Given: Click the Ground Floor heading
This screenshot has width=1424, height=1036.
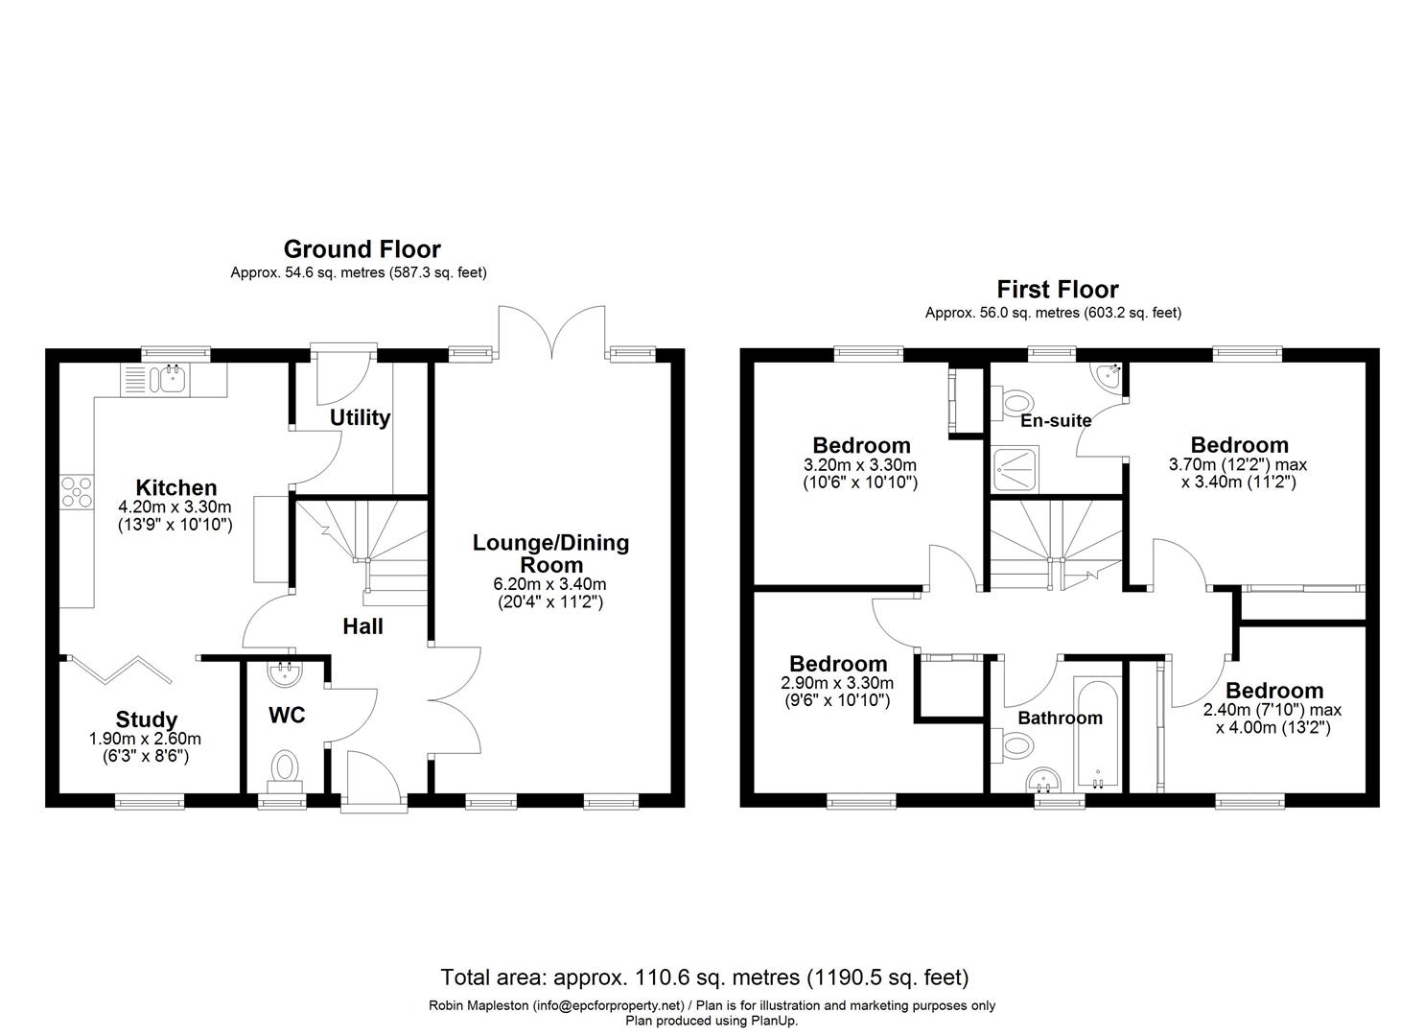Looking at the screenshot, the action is click(362, 248).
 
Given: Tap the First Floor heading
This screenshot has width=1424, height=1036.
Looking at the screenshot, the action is click(1057, 290).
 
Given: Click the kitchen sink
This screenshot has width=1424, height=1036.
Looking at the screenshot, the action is click(173, 381).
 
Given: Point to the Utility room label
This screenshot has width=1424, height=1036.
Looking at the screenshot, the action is click(360, 418).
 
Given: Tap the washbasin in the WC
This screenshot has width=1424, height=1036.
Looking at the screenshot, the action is click(285, 673).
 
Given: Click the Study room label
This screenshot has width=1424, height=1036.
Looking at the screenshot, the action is click(146, 720).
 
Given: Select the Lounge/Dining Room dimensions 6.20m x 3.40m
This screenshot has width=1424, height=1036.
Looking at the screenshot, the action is click(549, 584).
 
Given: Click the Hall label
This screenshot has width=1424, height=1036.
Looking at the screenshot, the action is click(363, 626).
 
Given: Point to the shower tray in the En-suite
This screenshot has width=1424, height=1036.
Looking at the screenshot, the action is click(1016, 470).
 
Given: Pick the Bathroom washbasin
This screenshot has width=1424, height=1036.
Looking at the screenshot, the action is click(1043, 780).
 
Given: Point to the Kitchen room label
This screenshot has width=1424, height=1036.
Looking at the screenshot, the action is click(176, 488).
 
